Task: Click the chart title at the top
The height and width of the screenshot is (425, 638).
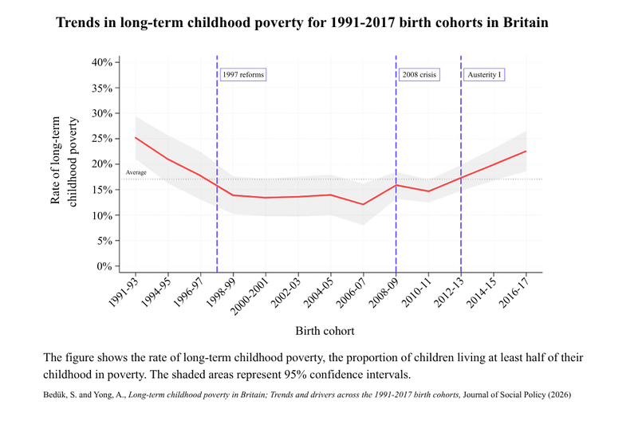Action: (301, 22)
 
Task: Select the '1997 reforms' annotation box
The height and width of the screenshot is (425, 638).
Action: (242, 75)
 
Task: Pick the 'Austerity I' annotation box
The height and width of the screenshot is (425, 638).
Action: (485, 75)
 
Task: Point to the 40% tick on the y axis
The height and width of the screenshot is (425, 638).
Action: (101, 62)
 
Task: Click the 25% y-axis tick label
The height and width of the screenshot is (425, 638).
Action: (101, 139)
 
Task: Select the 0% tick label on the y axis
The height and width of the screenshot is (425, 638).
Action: (104, 266)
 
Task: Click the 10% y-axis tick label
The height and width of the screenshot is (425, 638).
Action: (101, 215)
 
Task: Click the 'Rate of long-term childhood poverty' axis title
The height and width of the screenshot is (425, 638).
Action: (65, 163)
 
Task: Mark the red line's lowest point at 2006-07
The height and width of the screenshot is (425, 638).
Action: (363, 204)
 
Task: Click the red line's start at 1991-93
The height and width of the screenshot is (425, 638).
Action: (135, 137)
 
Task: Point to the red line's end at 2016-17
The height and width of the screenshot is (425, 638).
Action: (526, 151)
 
